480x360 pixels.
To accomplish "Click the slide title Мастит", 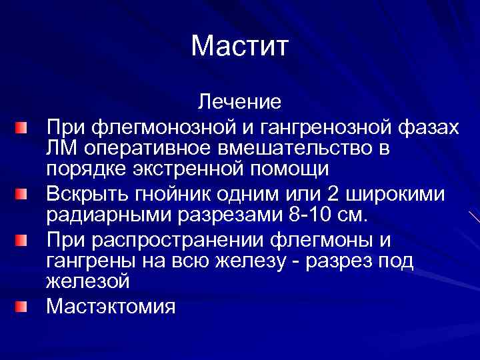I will tap(239, 46).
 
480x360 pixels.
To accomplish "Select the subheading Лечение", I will tap(239, 102).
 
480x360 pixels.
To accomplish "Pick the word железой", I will tap(87, 283).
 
